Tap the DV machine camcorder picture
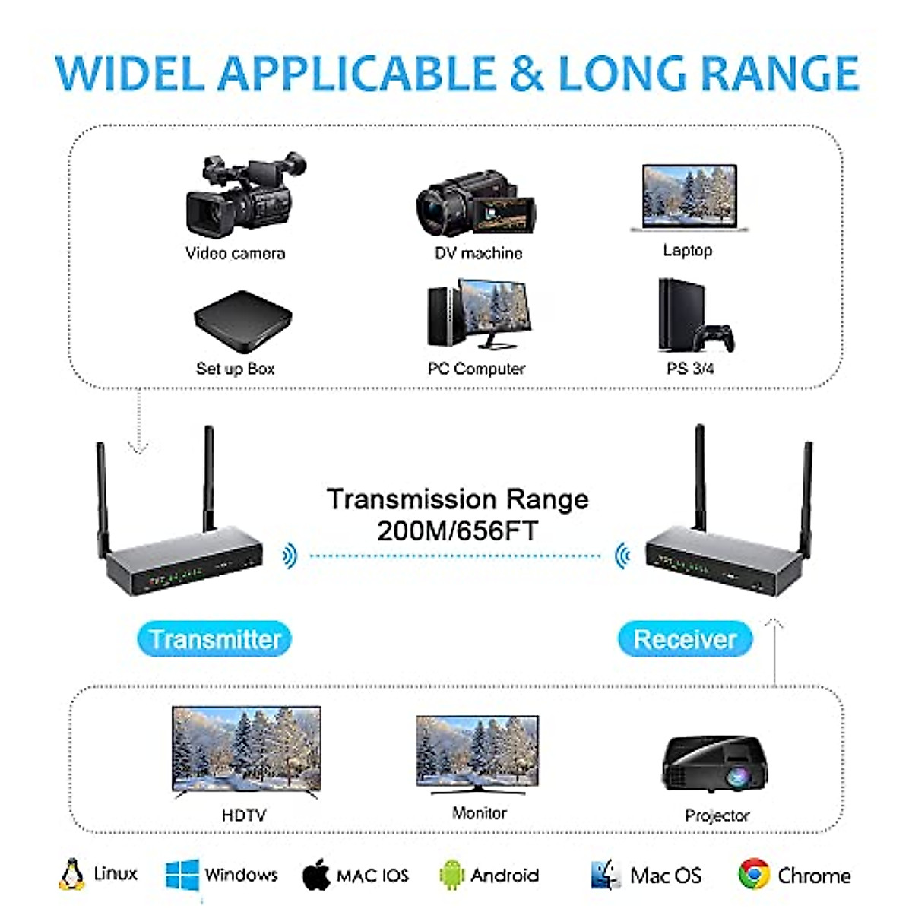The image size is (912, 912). pos(476,203)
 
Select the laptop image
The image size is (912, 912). pos(689,198)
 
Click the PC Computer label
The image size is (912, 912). pos(477,369)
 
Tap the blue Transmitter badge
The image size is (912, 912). pos(214,639)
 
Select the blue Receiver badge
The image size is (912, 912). pos(685,639)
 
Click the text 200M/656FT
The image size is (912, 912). pos(458,530)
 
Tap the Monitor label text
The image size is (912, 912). pos(479,813)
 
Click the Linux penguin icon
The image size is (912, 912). pos(71,875)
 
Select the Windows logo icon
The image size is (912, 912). pos(182,876)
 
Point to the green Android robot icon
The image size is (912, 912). pos(451,876)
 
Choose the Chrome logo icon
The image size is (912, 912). pos(753,875)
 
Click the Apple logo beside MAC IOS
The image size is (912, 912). pos(316,875)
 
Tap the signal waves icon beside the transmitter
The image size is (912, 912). pos(289,556)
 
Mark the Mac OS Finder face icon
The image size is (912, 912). pos(606,875)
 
